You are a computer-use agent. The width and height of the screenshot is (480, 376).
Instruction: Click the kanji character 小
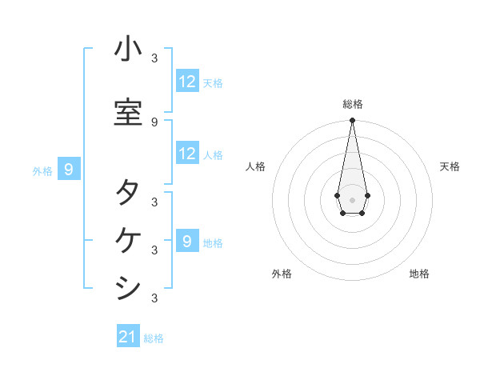128,50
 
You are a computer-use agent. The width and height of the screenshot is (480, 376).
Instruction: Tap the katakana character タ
128,192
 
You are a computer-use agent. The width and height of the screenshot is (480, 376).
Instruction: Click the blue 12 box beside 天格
187,82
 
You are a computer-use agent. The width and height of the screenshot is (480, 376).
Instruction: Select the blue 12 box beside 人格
187,154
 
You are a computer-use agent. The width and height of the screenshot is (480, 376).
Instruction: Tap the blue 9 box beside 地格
187,241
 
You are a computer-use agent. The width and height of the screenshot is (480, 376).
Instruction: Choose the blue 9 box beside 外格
70,170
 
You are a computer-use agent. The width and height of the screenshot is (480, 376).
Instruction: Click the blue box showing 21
128,337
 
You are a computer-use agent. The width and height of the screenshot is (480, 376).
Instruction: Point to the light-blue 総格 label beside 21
154,338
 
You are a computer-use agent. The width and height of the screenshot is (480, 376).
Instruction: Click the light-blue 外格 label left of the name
42,170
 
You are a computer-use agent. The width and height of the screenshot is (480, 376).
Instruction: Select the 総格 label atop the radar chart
352,104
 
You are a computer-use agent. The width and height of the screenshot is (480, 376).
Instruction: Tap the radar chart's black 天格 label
450,166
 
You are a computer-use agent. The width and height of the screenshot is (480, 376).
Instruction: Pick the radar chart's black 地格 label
419,274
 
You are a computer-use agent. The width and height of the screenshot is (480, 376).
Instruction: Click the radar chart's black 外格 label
282,274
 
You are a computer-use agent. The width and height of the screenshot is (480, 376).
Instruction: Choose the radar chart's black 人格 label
255,166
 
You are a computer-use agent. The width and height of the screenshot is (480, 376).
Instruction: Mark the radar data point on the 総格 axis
352,121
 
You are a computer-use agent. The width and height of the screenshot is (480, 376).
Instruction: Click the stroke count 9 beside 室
154,122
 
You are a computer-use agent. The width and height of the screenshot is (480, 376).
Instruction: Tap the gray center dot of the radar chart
352,198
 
